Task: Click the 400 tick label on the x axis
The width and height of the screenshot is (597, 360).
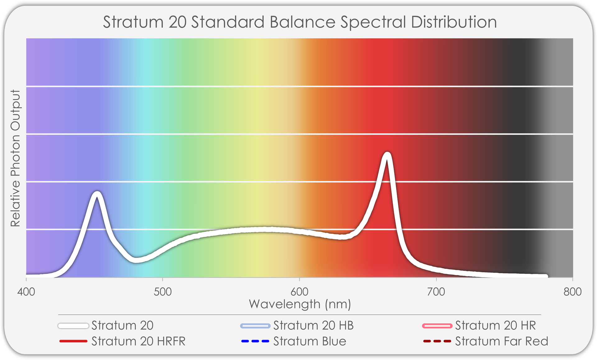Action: [26, 292]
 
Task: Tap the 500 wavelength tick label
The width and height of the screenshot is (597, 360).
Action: [163, 292]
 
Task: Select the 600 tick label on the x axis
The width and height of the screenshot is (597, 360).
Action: [299, 292]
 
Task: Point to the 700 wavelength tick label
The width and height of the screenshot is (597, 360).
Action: [436, 292]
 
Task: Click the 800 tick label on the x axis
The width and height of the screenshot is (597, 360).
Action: [572, 292]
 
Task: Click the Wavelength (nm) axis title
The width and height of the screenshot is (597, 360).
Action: [300, 304]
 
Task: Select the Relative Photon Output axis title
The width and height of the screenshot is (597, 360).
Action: [16, 158]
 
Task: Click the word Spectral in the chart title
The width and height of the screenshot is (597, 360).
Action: [373, 22]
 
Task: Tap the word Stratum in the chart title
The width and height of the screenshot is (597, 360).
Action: [133, 22]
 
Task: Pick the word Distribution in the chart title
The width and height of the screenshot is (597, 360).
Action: [454, 22]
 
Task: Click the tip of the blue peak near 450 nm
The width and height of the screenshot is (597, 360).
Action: [97, 194]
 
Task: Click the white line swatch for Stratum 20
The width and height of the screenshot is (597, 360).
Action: [73, 326]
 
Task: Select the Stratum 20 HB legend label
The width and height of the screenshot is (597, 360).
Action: [313, 325]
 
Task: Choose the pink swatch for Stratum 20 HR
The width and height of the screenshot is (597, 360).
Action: [437, 326]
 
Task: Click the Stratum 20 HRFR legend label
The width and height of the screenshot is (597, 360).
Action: [138, 341]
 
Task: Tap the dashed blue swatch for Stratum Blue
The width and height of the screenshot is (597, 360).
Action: [255, 341]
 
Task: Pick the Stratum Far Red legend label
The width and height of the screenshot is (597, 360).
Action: [502, 341]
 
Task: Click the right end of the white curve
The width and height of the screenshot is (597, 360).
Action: [546, 276]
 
